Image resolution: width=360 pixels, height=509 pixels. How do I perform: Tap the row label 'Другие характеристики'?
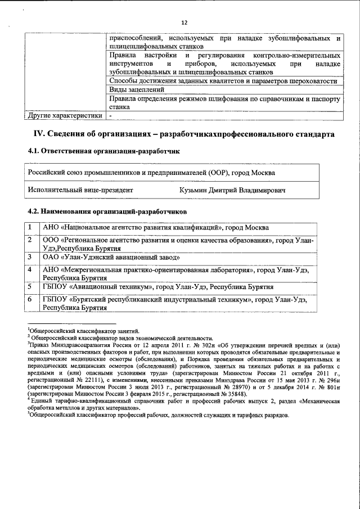point(65,116)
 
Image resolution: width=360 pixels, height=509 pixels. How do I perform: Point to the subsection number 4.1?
point(35,151)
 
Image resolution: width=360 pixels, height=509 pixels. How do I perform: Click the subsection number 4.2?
point(35,211)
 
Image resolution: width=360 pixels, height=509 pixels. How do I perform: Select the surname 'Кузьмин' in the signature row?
point(194,191)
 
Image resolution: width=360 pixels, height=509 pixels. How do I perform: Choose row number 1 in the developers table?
point(30,228)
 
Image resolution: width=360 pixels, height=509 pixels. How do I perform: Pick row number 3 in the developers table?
point(30,257)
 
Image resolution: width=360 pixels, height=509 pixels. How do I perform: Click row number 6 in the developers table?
point(30,300)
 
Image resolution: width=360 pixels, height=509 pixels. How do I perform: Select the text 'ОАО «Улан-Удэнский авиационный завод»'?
point(111,257)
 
